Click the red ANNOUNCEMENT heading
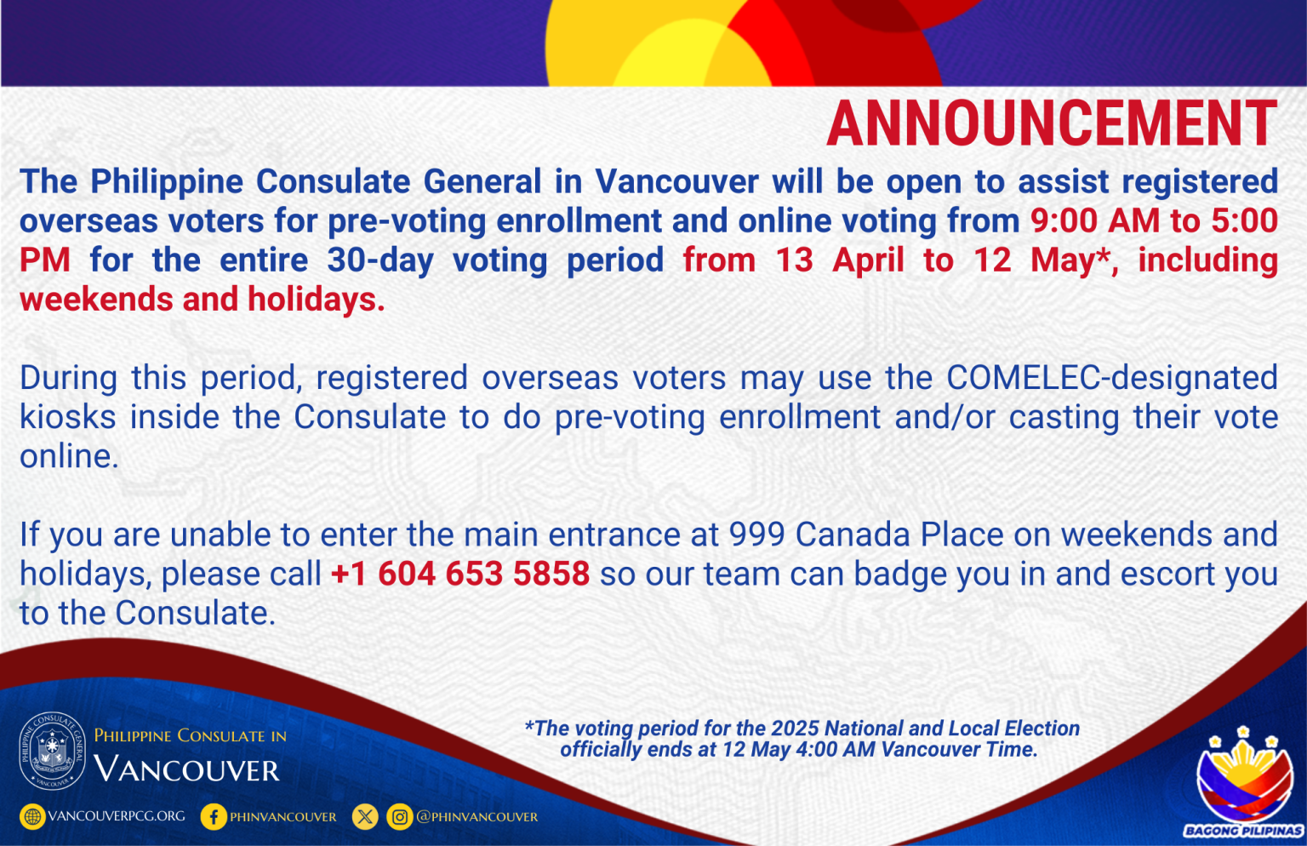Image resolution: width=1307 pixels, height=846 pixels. (x=1052, y=124)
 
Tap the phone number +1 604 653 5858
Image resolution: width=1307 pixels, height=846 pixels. (x=459, y=574)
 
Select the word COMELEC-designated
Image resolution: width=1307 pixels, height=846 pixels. (x=1111, y=378)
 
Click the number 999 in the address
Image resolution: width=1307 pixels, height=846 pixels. (x=756, y=535)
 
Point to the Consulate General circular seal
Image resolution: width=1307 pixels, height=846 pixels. (x=53, y=751)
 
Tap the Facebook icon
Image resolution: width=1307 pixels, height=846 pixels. (x=213, y=817)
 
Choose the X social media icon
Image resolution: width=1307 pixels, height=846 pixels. (x=365, y=817)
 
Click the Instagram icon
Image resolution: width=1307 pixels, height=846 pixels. (x=399, y=817)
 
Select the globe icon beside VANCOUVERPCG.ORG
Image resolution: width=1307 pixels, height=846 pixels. (x=32, y=817)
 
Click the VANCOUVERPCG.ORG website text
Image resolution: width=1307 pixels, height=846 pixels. (x=117, y=816)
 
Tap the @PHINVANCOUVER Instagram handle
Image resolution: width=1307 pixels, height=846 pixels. (x=477, y=817)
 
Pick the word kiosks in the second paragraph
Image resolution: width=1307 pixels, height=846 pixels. (x=67, y=418)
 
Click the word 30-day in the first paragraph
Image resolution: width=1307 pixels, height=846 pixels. (x=380, y=260)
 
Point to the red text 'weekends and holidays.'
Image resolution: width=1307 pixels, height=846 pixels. (x=202, y=300)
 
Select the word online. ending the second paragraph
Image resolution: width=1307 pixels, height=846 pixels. (x=69, y=457)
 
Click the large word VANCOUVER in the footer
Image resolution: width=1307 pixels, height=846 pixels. (x=186, y=770)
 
